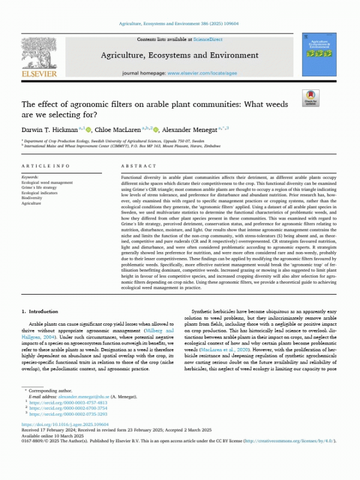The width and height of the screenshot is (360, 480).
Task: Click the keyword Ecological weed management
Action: pyautogui.click(x=47, y=182)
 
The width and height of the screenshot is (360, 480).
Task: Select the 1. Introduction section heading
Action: pyautogui.click(x=40, y=311)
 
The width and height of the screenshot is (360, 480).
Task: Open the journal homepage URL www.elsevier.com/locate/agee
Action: pyautogui.click(x=200, y=72)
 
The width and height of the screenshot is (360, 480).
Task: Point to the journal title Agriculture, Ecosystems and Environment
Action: pyautogui.click(x=180, y=55)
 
